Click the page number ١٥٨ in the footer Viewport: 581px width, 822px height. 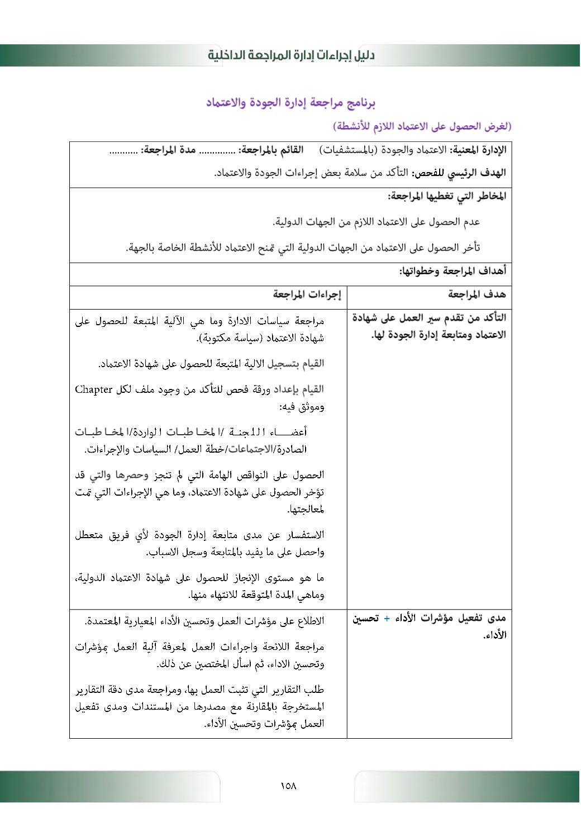288,786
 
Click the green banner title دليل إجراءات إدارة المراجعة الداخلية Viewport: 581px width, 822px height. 291,55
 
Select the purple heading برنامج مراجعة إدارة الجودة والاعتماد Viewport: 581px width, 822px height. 290,103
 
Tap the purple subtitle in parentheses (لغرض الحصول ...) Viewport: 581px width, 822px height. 422,126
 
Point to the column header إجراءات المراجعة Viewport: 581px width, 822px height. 307,294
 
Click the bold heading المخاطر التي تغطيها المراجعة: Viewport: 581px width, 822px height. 447,196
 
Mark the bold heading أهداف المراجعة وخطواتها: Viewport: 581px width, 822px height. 453,271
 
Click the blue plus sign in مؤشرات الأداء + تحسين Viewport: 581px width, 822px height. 387,619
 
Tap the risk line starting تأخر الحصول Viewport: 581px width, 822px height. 303,248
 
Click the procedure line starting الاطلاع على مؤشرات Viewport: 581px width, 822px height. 204,621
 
